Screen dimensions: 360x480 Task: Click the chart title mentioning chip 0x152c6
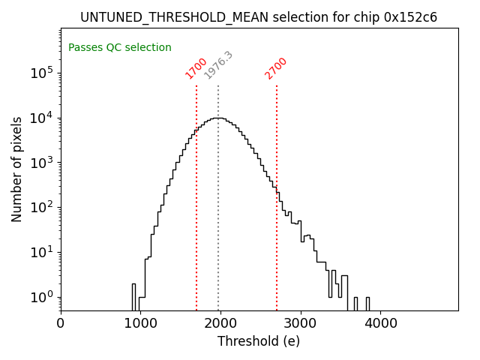pos(259,17)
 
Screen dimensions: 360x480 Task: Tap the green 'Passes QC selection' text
pos(120,48)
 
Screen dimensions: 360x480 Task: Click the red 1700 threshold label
pos(196,67)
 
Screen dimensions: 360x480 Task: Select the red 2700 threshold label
pos(276,67)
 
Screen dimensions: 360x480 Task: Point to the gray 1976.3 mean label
pos(219,66)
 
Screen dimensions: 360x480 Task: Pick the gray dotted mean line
pos(218,210)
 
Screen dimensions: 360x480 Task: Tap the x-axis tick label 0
pos(61,323)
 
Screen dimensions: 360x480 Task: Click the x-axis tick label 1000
pos(140,323)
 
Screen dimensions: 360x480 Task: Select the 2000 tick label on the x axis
pos(220,323)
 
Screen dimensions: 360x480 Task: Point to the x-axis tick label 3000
pos(301,323)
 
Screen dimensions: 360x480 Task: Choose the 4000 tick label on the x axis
pos(380,323)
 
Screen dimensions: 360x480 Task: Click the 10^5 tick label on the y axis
pos(41,73)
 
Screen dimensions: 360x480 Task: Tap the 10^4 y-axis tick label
pos(41,118)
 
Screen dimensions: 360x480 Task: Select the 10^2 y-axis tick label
pos(41,208)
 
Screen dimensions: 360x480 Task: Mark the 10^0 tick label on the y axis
pos(41,297)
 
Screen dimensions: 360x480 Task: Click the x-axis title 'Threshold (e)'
pos(259,341)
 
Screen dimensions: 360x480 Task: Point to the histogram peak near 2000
pos(217,118)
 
